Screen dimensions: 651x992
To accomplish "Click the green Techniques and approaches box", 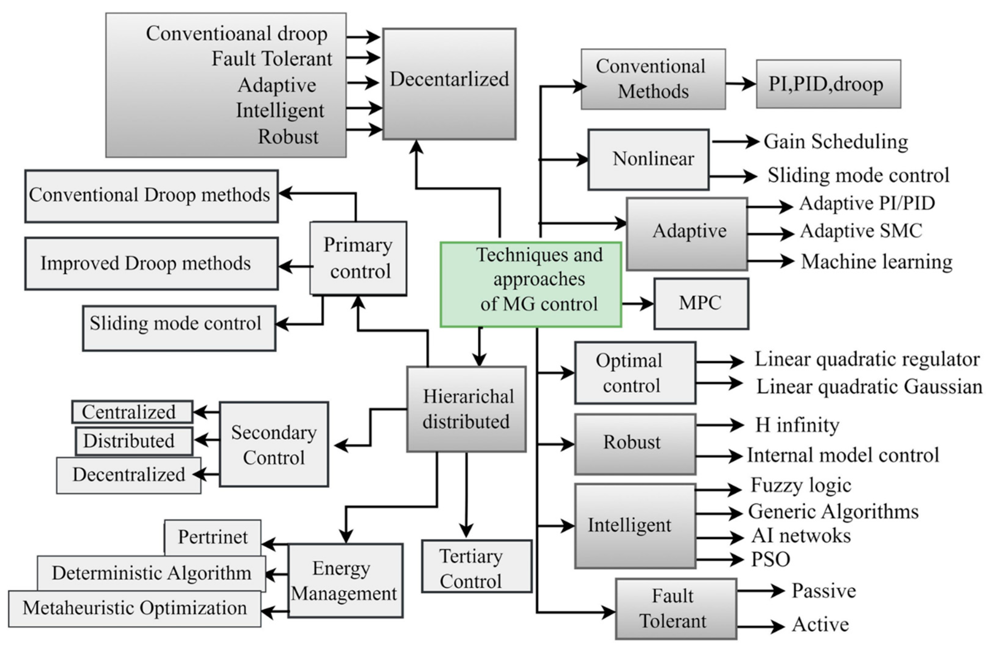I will tap(531, 284).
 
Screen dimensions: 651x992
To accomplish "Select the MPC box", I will tap(701, 303).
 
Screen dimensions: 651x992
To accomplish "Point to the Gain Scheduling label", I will tap(835, 142).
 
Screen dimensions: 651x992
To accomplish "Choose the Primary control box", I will tap(358, 258).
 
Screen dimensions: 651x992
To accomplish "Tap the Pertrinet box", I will tap(213, 537).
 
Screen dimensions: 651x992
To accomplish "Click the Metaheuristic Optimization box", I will tap(134, 608).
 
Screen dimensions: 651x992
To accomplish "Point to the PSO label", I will tap(770, 559).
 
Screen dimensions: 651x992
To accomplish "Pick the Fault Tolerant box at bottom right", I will tap(676, 608).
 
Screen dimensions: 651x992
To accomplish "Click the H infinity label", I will tap(797, 425).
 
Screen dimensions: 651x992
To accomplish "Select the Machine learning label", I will tap(876, 262).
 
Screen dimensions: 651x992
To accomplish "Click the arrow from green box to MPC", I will tap(638, 304).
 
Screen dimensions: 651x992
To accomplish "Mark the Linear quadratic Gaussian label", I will tap(869, 387).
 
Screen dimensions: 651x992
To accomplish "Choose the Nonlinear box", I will tap(648, 159).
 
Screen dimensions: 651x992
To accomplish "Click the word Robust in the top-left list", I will tap(288, 137).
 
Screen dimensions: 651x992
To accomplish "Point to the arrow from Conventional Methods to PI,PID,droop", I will tap(741, 84).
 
